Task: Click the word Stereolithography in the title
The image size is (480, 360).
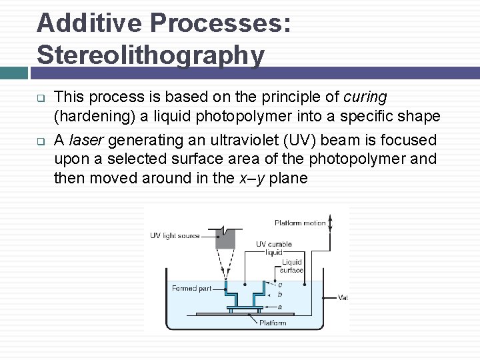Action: coord(151,55)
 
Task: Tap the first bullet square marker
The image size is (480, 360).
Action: coord(40,97)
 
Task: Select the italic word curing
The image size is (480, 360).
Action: coord(365,97)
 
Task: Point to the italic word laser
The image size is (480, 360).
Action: coord(85,140)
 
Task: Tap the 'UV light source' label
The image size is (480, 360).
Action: coord(175,235)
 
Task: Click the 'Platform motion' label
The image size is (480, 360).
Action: coord(299,223)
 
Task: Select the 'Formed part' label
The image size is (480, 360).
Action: coord(191,288)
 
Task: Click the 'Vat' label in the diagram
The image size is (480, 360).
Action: coord(343,297)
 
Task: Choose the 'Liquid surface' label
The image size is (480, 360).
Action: coord(292,266)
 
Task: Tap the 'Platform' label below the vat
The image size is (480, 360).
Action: coord(273,323)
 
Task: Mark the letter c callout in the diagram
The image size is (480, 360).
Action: coord(280,285)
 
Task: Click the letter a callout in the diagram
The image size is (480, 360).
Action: coord(279,307)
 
